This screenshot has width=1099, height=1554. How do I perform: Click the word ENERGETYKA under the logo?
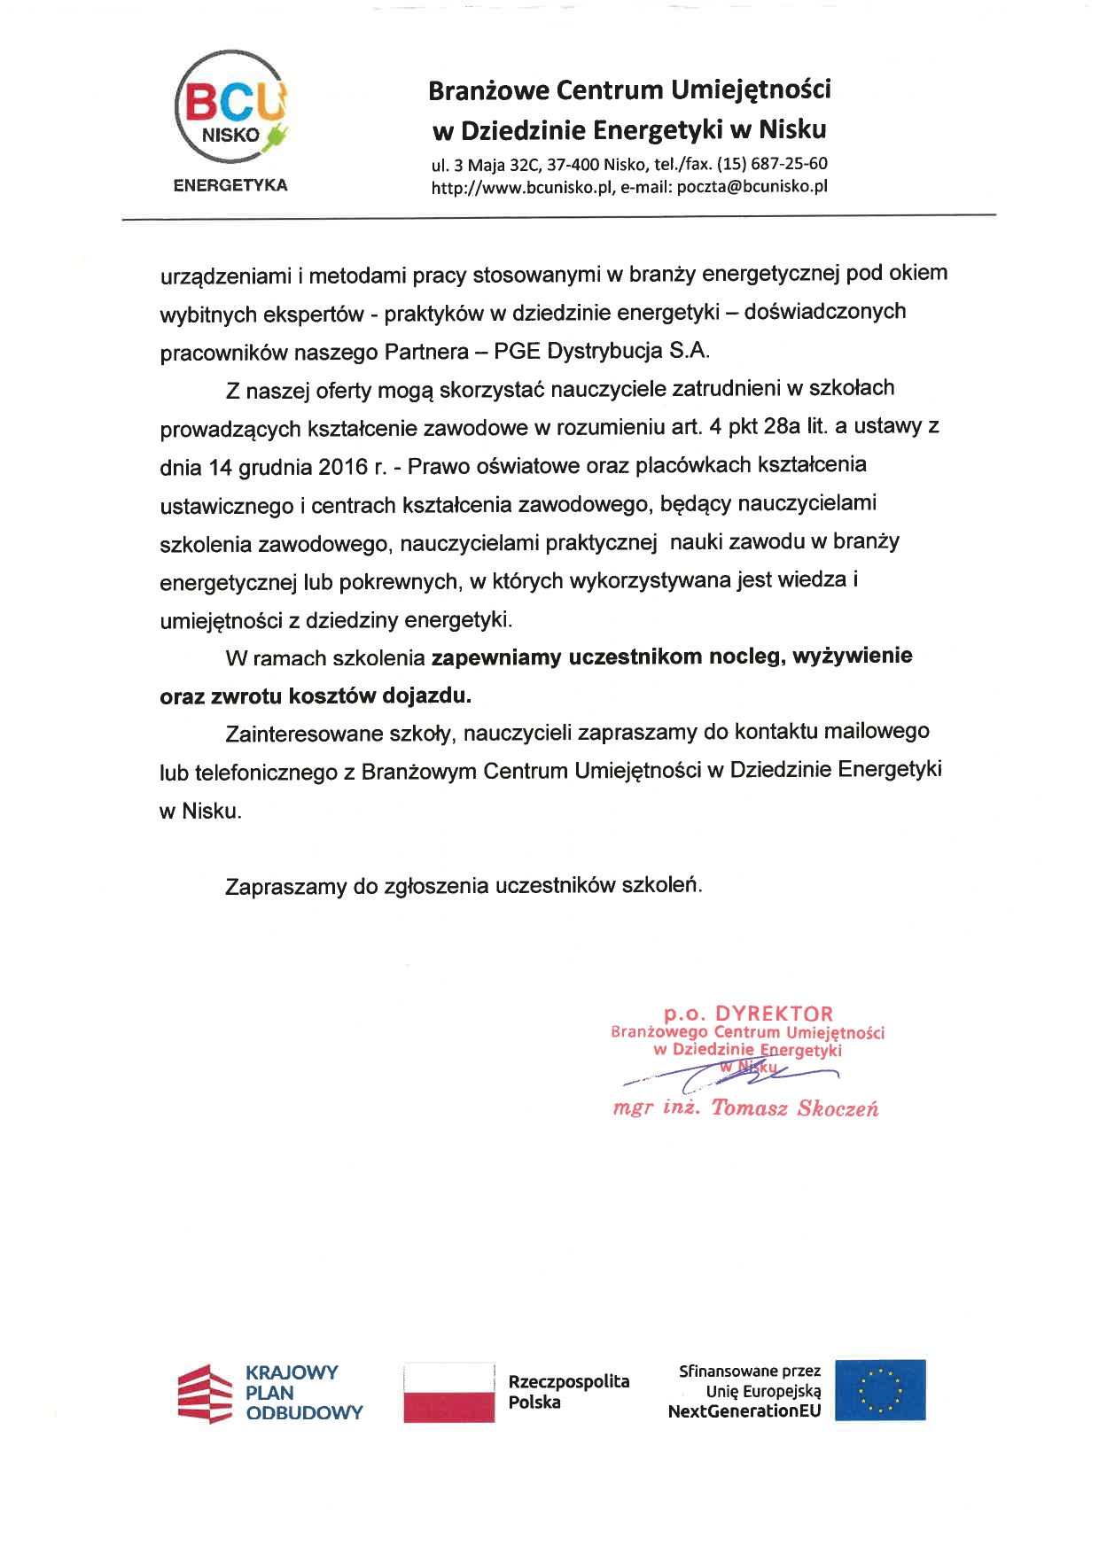(230, 185)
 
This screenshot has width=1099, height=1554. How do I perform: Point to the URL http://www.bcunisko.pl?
(522, 187)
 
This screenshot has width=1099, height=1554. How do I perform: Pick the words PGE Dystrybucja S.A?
(602, 351)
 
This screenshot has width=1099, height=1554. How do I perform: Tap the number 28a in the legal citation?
(781, 426)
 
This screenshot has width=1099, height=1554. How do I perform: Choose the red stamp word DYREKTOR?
(774, 1014)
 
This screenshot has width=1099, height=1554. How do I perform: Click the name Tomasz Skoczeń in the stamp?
(794, 1108)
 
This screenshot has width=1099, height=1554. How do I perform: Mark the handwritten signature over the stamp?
(731, 1075)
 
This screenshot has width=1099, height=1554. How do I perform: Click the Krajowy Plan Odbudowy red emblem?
(207, 1393)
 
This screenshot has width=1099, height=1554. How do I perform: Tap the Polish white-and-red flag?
(448, 1393)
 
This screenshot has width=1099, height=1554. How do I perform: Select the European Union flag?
(880, 1390)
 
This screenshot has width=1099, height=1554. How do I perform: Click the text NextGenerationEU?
(744, 1411)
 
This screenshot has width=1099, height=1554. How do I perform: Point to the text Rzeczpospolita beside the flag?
(569, 1381)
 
